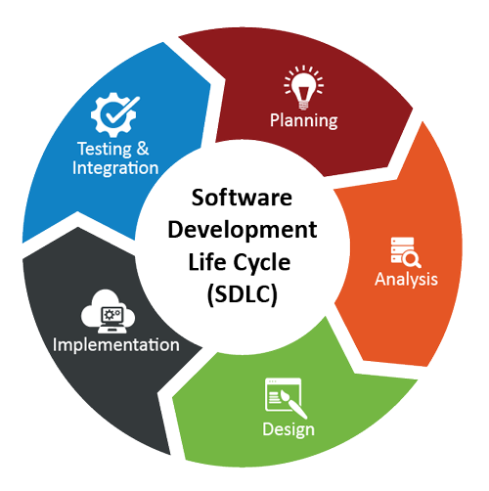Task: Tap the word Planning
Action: coord(304,120)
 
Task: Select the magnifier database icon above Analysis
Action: coord(405,251)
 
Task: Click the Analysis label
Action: coord(406,280)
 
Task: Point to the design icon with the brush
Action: coord(280,398)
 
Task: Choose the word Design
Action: coord(288,430)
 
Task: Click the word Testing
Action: coord(101,150)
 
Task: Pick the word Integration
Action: coord(114,168)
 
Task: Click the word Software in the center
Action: coord(243,200)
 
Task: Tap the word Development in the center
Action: coord(243,232)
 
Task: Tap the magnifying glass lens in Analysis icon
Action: coord(411,258)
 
